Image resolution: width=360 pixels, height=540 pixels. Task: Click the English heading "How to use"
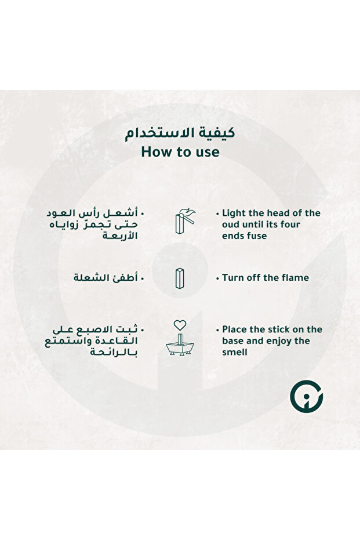[x=180, y=153]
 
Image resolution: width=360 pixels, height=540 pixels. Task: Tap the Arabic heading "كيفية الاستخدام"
[x=180, y=133]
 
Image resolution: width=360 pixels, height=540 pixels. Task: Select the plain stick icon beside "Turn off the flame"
[x=180, y=277]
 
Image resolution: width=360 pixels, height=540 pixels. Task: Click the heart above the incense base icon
[x=180, y=325]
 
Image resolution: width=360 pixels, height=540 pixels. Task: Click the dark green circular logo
[x=306, y=396]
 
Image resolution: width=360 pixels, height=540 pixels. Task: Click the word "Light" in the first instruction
[x=234, y=213]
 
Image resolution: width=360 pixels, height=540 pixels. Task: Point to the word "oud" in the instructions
[x=231, y=224]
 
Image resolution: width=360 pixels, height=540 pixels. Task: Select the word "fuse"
[x=256, y=236]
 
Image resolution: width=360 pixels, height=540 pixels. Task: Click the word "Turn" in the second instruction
[x=234, y=278]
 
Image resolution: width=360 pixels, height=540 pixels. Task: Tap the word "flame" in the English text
[x=295, y=278]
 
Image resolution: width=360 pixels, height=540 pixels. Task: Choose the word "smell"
[x=235, y=352]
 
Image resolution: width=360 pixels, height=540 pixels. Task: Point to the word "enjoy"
[x=279, y=341]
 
